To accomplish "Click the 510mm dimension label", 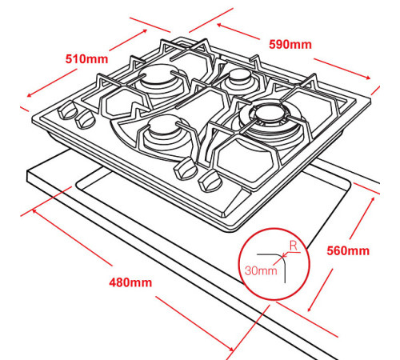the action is click(87, 59).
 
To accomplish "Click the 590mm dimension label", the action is click(290, 44).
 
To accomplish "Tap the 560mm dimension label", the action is click(348, 251).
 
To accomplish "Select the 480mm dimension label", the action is click(130, 282).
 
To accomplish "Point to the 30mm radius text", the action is click(261, 270).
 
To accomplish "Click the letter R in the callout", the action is click(294, 246).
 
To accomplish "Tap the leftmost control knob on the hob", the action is click(67, 110).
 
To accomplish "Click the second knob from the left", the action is click(85, 119).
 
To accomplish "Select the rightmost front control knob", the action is click(210, 181).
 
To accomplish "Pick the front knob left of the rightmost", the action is click(186, 168).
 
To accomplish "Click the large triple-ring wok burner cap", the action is click(270, 112).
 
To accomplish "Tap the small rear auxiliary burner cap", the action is click(238, 74).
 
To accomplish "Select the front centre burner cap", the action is click(163, 124).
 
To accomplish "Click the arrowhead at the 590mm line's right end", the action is click(368, 78).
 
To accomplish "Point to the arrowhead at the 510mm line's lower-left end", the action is click(30, 95).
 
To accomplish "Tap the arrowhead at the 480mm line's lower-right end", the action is click(231, 348).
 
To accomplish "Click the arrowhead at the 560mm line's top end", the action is click(373, 199).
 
